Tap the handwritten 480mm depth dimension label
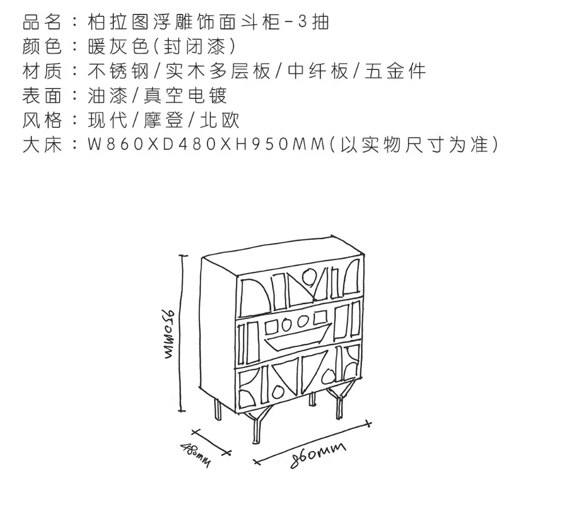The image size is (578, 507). [x=195, y=454]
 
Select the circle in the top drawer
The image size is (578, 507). [x=309, y=275]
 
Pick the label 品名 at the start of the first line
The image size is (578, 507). [x=42, y=22]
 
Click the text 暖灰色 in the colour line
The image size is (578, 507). [x=118, y=47]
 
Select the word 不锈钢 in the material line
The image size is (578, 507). [x=118, y=71]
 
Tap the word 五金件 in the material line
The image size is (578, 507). [x=395, y=71]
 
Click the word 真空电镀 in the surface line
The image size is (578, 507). [x=184, y=95]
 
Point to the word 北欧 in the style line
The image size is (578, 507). [x=220, y=120]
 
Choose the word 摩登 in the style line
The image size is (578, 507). [x=164, y=120]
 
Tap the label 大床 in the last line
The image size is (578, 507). [x=42, y=145]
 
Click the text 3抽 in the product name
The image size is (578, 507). [x=313, y=22]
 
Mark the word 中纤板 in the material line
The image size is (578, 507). [x=318, y=71]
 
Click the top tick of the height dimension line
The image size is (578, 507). [x=183, y=255]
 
